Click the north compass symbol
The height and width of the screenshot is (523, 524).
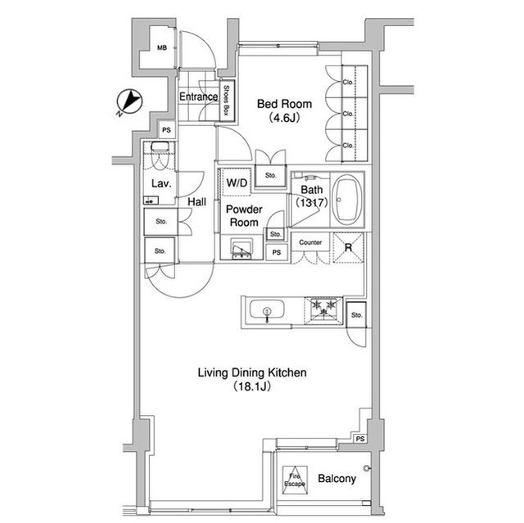point(129,101)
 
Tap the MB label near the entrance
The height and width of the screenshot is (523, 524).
point(162,48)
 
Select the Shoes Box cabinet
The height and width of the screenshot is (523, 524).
point(227,101)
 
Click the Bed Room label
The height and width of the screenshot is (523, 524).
point(284,104)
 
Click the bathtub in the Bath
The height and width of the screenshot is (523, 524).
point(347,200)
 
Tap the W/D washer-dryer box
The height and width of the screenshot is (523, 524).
point(237,182)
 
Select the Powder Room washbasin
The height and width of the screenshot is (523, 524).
point(242,248)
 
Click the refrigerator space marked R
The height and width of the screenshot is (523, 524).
point(348,248)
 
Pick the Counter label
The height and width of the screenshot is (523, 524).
point(310,242)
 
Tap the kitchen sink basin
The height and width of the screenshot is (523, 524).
point(267,309)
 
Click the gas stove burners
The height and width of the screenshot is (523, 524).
point(323,310)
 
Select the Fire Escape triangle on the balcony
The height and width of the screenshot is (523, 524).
point(295,480)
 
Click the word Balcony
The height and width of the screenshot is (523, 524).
point(337,479)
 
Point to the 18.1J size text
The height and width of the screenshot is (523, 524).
point(252,386)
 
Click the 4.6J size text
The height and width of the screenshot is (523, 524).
point(284,118)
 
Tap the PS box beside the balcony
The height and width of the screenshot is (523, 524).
point(360,439)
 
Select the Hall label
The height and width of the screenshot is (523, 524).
point(196,201)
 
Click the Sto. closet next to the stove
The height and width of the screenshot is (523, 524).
point(356,315)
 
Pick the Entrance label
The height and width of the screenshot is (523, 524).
point(198,97)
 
